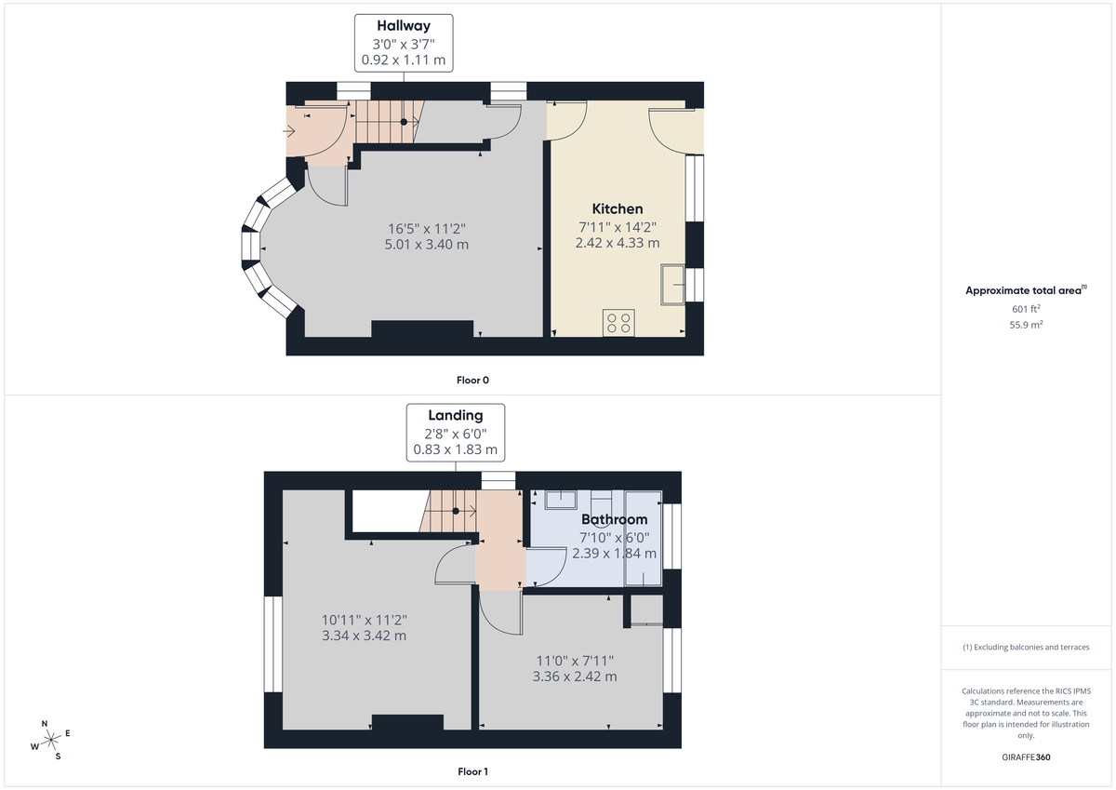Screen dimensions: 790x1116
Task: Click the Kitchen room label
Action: coord(618,208)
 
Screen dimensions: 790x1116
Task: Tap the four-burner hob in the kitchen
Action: coord(618,322)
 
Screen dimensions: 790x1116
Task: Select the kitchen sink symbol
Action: coord(672,284)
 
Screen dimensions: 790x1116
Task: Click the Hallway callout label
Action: coord(404,26)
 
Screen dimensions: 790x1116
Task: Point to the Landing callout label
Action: coord(455,415)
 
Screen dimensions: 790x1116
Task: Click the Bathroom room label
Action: coord(614,519)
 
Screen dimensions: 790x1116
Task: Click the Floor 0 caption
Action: coord(472,380)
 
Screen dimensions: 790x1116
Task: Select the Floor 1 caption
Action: coord(472,771)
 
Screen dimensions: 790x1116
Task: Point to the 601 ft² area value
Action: coord(1025,309)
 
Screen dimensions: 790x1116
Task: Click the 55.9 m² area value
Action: coord(1025,325)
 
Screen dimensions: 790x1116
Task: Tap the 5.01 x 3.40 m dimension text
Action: coord(426,244)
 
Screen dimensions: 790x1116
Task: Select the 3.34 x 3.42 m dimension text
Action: coord(364,636)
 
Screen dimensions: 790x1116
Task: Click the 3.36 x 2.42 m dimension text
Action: coord(574,676)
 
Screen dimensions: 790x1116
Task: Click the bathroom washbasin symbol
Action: coord(561,500)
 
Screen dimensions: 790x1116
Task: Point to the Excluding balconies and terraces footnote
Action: coord(1025,647)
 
